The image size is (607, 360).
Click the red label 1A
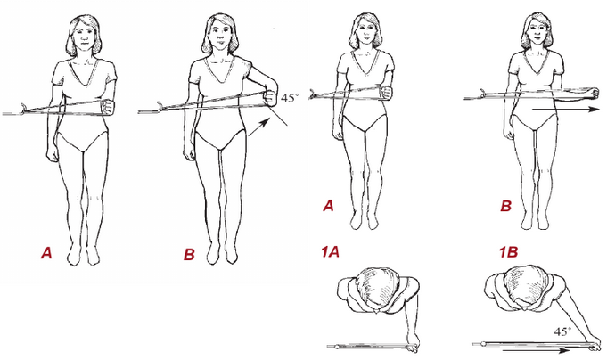(x=330, y=253)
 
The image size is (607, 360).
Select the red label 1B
(x=508, y=253)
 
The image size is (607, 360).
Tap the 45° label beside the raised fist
(x=290, y=98)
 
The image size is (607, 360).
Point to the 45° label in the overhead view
(x=562, y=331)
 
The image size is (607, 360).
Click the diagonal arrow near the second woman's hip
(x=258, y=127)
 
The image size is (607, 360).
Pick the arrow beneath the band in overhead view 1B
(x=536, y=351)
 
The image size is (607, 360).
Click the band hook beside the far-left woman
(x=23, y=109)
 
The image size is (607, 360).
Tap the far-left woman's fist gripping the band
(x=109, y=107)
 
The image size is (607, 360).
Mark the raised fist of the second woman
(x=270, y=97)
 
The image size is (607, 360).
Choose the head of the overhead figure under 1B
(x=524, y=287)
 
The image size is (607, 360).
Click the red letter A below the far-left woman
(x=46, y=254)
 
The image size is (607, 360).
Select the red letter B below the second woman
(x=189, y=255)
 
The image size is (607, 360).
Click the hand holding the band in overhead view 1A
(x=413, y=343)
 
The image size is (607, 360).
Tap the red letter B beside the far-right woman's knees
(x=505, y=207)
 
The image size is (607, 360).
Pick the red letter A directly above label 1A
(x=328, y=206)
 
